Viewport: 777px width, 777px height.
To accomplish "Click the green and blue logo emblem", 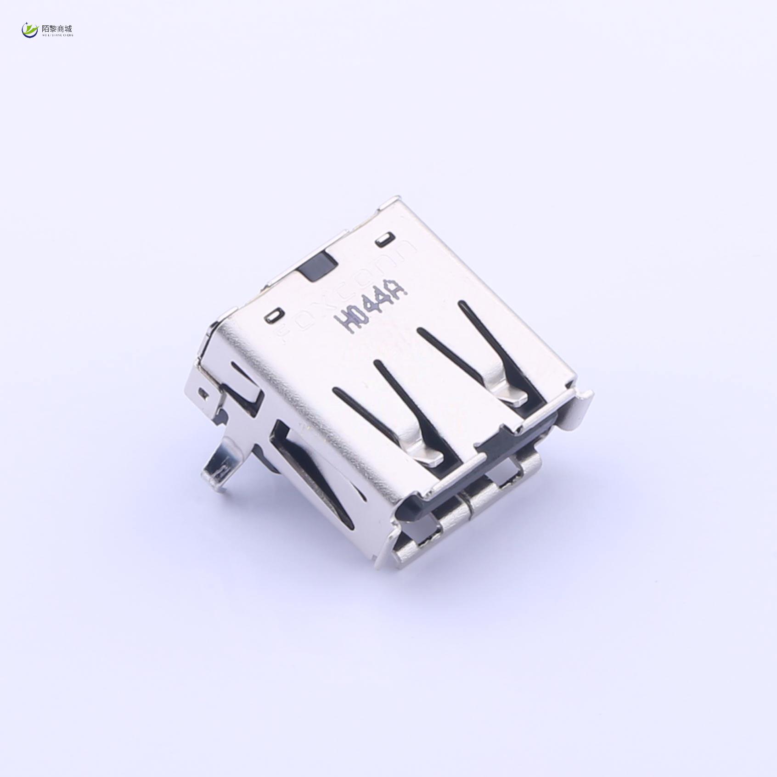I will click(x=30, y=30).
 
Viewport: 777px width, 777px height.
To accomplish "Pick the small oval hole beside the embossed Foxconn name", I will click(x=383, y=240).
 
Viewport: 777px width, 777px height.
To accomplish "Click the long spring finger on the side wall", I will click(x=321, y=478).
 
